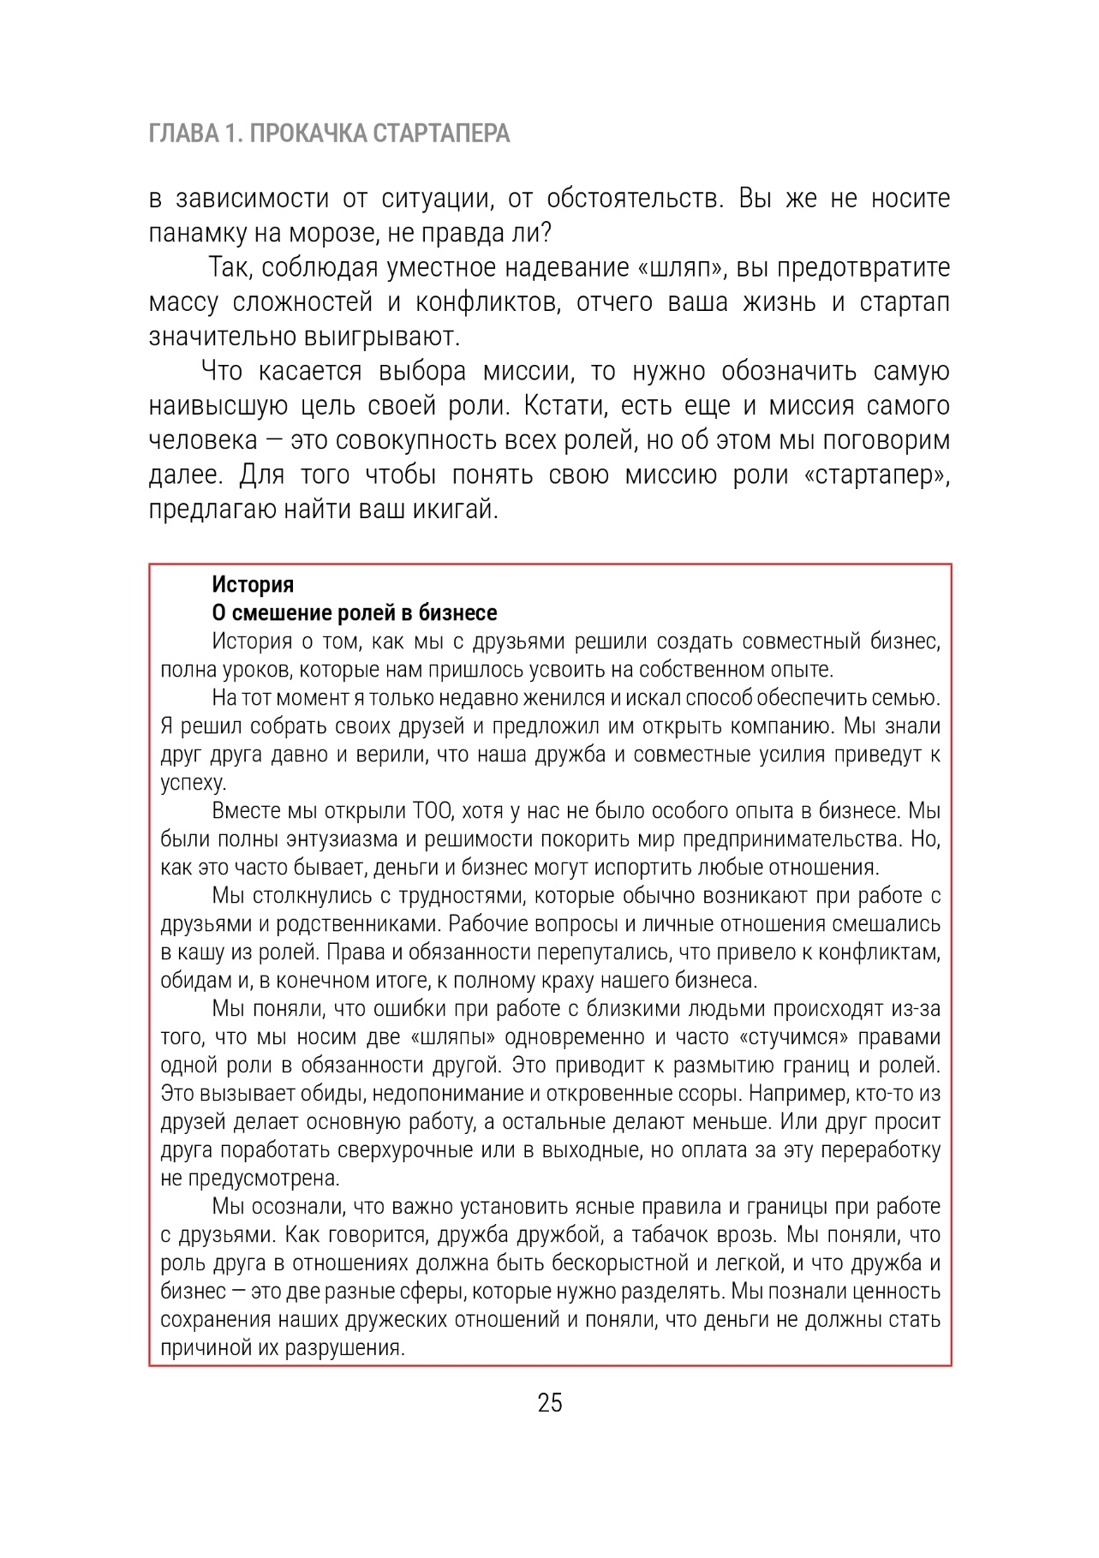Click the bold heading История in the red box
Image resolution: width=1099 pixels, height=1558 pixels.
tap(253, 584)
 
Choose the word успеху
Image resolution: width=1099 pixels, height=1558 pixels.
tap(194, 782)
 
